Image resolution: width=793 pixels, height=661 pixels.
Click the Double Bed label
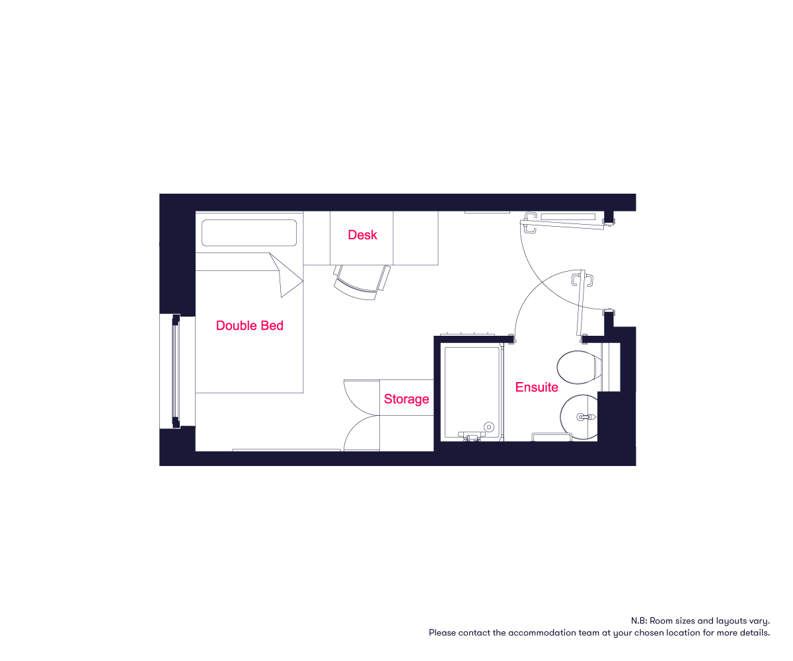[x=250, y=326]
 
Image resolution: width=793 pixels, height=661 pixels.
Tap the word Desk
[x=362, y=235]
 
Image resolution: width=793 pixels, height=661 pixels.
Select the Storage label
[x=406, y=399]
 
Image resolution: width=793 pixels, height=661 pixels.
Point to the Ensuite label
[x=537, y=387]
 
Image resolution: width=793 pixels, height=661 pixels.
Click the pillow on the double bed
[x=249, y=233]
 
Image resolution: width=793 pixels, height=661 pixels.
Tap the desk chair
[x=362, y=282]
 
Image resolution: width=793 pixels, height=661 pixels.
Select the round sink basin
[x=579, y=416]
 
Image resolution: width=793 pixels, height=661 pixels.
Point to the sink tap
[x=585, y=417]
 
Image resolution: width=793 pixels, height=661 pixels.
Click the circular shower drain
[x=489, y=427]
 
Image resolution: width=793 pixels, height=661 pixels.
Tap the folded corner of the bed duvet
[x=287, y=276]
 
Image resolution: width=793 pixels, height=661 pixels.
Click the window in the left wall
[x=176, y=371]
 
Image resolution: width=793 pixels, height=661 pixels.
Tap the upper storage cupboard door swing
[x=361, y=397]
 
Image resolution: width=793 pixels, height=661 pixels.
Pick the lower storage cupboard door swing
[x=361, y=433]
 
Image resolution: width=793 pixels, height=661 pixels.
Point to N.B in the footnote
[x=638, y=621]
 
